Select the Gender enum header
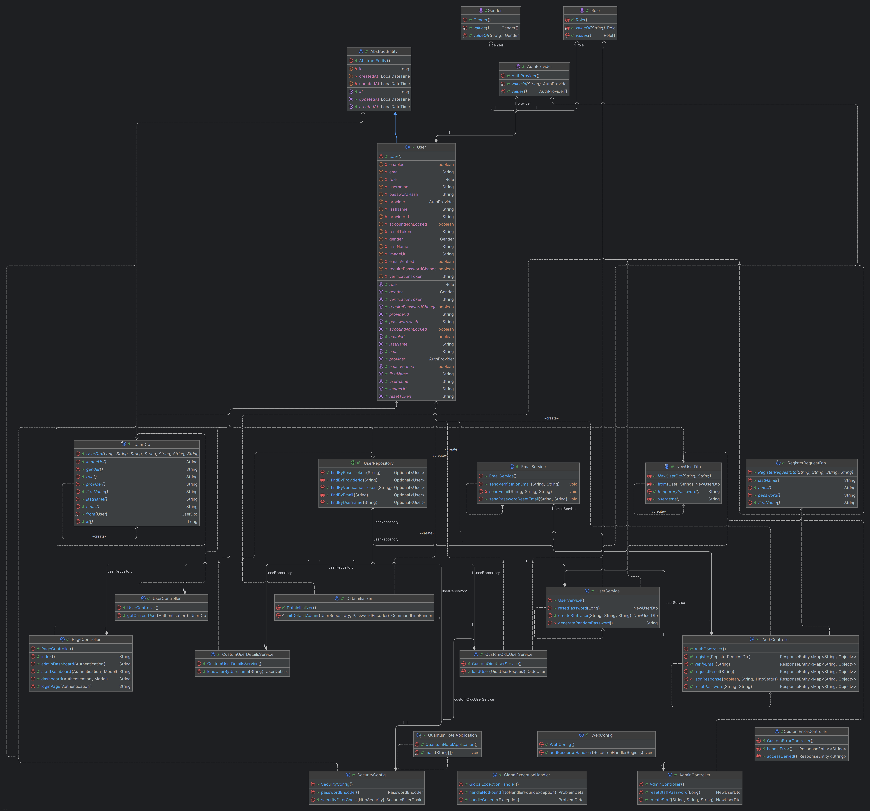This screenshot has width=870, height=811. [x=495, y=11]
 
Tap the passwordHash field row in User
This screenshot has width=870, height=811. [x=403, y=194]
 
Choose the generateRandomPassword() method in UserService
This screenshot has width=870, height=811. [x=585, y=623]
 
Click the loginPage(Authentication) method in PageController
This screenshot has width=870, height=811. [x=66, y=686]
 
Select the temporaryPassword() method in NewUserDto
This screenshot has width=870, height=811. [x=678, y=492]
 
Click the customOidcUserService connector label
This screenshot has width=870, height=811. [x=474, y=699]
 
